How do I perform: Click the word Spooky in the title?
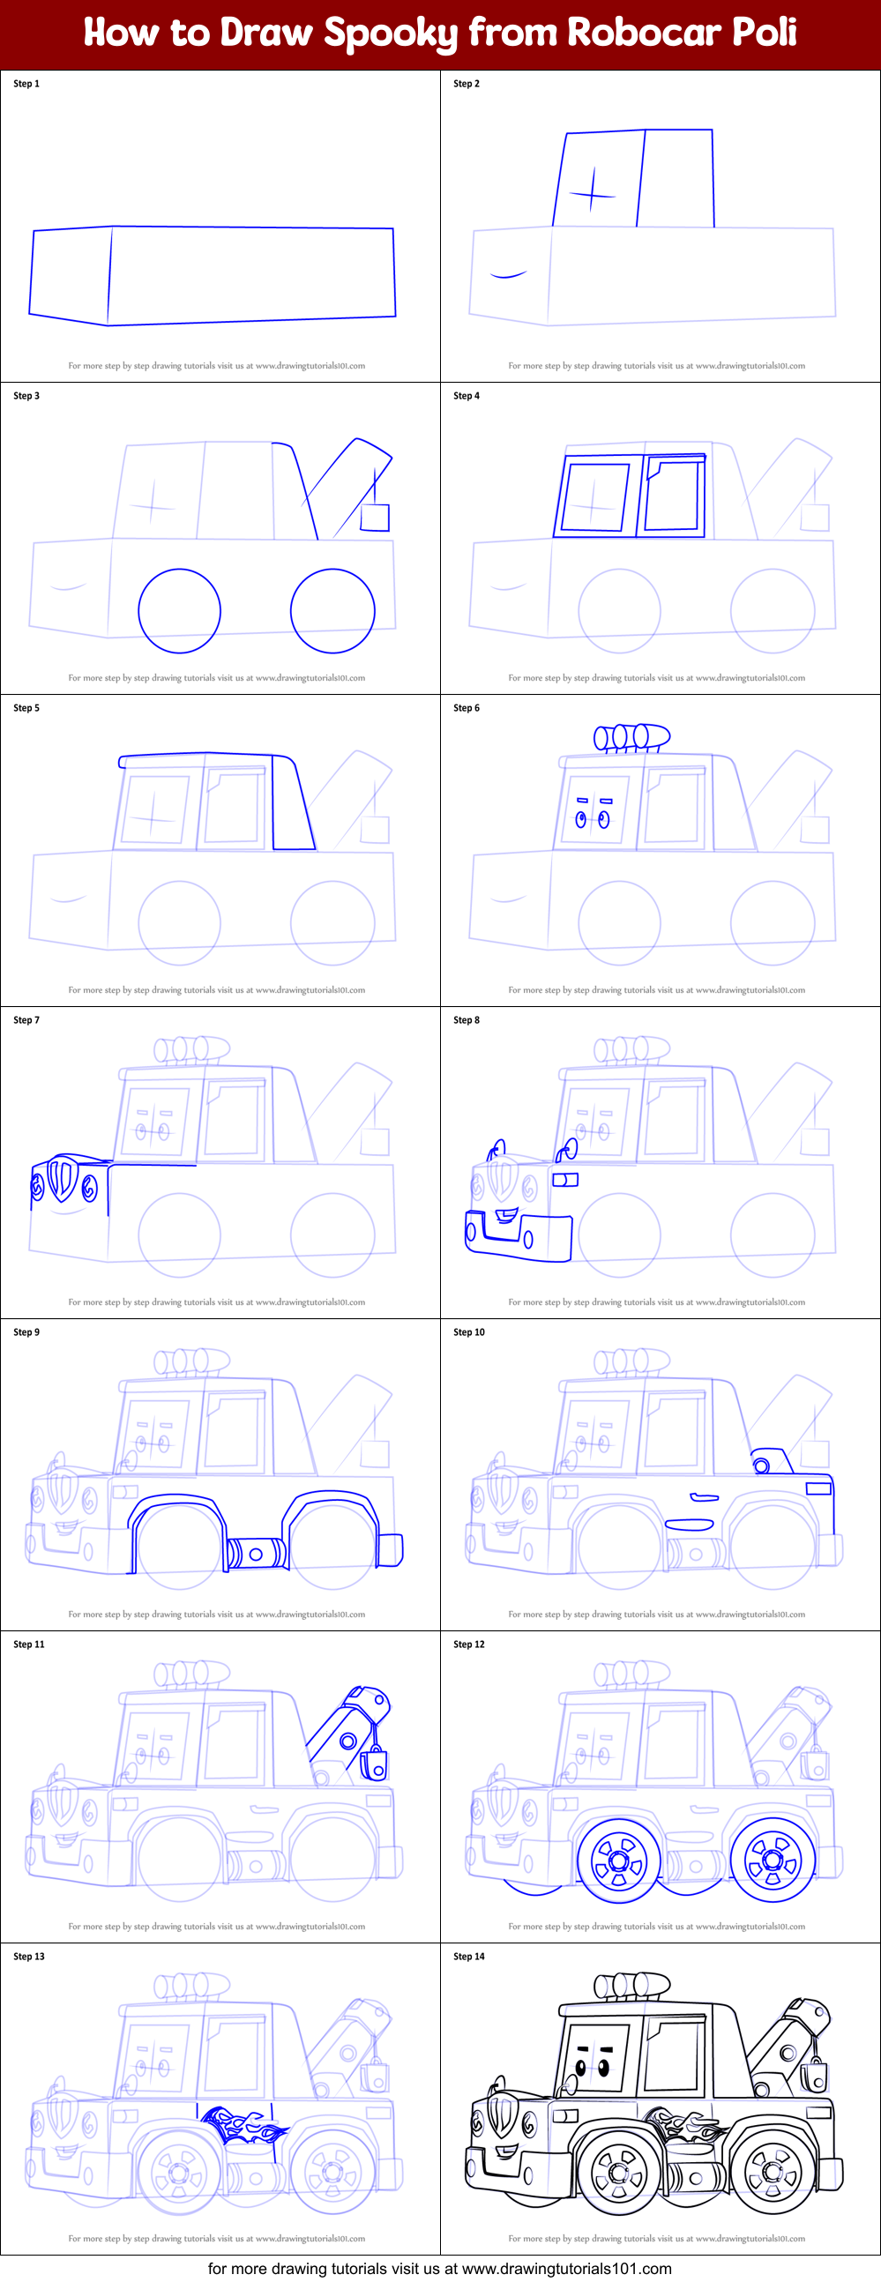[390, 34]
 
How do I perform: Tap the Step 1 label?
[26, 83]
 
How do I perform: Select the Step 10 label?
[469, 1332]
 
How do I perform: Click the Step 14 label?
[469, 1956]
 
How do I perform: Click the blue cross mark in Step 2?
[591, 192]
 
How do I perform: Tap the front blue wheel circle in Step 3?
[179, 610]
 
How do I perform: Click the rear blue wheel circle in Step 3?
[332, 610]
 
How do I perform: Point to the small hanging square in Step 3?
[375, 518]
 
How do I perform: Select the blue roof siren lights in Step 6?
[631, 736]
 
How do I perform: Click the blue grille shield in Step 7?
[61, 1179]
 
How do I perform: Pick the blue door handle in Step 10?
[704, 1497]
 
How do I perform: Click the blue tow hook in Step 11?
[375, 1763]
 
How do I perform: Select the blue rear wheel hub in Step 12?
[772, 1861]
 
